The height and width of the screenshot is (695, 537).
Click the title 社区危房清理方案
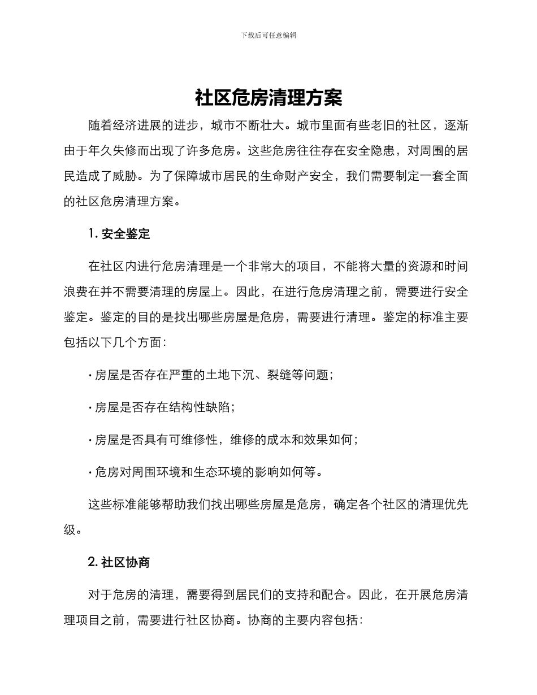[x=268, y=98]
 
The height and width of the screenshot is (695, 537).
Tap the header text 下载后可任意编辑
[x=268, y=35]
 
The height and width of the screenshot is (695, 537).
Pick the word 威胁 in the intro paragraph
[x=125, y=176]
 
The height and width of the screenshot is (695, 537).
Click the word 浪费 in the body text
[x=76, y=292]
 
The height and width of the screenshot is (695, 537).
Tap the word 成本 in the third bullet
[x=280, y=440]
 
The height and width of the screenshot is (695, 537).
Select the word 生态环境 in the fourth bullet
[x=218, y=472]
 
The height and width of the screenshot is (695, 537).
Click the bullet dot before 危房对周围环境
[x=90, y=472]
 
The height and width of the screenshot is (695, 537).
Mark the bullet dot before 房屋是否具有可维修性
[x=90, y=440]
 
